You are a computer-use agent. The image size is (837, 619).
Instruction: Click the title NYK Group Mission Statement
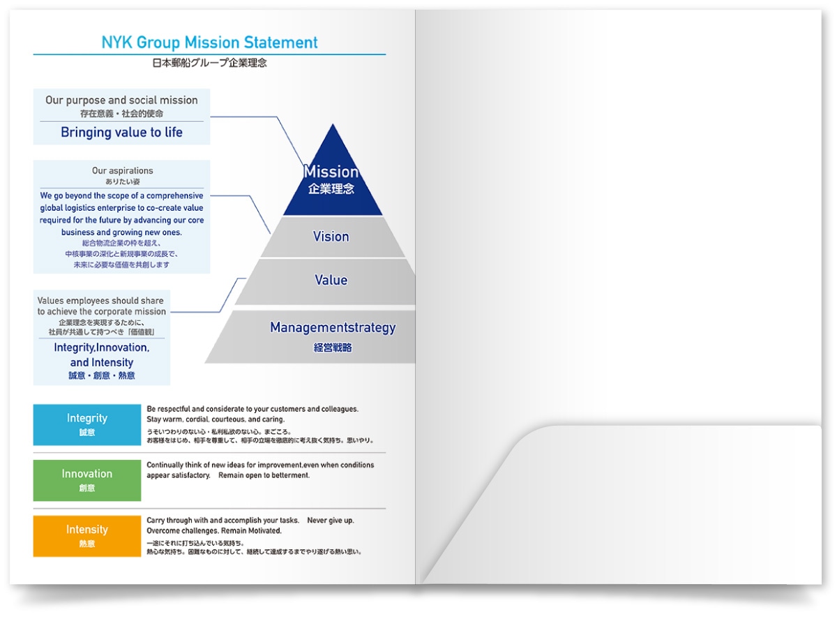(x=209, y=43)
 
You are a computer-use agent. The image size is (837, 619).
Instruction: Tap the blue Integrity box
(x=86, y=424)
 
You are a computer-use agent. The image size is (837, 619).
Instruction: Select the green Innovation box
(x=86, y=480)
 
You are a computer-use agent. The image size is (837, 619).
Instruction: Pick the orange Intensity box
(x=86, y=536)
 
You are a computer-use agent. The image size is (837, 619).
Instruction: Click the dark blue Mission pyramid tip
(x=333, y=177)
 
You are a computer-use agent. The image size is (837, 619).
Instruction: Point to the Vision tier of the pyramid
(x=332, y=237)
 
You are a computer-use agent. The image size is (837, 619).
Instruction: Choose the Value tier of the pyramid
(x=329, y=281)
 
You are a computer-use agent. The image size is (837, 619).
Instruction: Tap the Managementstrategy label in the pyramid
(x=333, y=327)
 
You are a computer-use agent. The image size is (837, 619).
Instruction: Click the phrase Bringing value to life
(x=121, y=132)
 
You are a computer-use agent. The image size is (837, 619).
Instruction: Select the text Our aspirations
(x=122, y=171)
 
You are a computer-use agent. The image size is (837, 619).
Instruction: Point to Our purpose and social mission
(x=121, y=100)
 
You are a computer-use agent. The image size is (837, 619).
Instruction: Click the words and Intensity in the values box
(x=102, y=362)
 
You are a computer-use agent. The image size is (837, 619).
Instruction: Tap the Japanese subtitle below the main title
(x=209, y=63)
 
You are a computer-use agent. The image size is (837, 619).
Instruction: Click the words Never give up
(x=331, y=520)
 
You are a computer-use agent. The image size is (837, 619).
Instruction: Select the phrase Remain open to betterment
(x=264, y=475)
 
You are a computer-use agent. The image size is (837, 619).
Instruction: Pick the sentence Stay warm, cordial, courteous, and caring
(x=216, y=419)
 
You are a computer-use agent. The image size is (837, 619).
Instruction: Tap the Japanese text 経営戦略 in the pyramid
(x=333, y=348)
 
